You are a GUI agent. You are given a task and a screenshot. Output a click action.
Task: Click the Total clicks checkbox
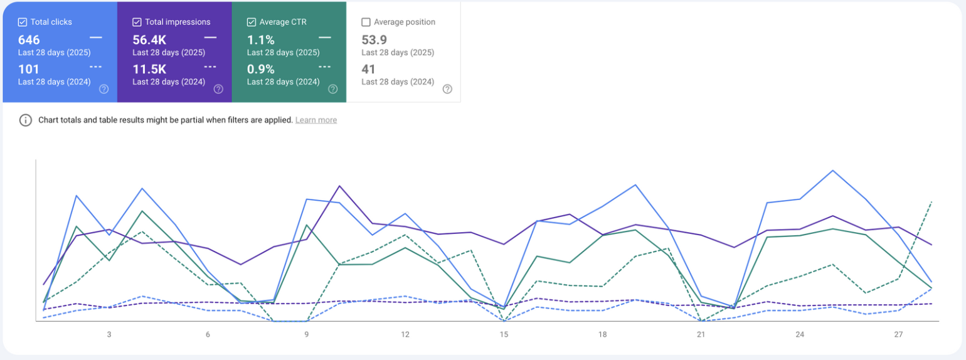[x=23, y=22]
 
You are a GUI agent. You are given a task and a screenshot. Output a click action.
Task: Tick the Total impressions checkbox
[x=137, y=22]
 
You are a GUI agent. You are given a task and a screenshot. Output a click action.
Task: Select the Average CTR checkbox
[x=252, y=22]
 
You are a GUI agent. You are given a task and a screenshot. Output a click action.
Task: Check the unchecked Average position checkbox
[x=366, y=22]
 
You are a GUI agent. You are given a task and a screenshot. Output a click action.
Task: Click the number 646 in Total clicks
[x=29, y=40]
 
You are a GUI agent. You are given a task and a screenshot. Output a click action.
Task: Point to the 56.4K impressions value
[x=149, y=40]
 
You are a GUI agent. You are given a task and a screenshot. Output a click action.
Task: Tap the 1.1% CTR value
[x=260, y=40]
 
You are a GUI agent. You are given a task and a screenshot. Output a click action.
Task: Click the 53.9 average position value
[x=374, y=40]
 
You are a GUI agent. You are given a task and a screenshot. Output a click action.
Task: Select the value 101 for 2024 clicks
[x=29, y=69]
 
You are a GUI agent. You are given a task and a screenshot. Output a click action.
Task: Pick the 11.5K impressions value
[x=149, y=69]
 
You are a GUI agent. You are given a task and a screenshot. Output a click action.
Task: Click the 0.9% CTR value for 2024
[x=260, y=69]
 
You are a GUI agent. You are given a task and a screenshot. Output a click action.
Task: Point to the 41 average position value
[x=368, y=69]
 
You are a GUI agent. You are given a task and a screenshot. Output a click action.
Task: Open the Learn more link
[x=316, y=120]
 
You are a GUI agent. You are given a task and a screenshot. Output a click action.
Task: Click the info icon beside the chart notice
[x=25, y=120]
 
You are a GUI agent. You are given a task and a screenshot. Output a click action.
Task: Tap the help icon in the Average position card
[x=447, y=89]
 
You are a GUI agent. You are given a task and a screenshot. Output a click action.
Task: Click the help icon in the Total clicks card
[x=104, y=89]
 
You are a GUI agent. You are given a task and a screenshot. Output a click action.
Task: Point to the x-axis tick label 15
[x=504, y=334]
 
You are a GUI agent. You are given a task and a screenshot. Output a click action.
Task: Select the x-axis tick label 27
[x=898, y=334]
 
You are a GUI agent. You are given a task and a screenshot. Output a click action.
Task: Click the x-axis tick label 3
[x=109, y=334]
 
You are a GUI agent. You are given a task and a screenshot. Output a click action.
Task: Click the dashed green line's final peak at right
[x=931, y=202]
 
